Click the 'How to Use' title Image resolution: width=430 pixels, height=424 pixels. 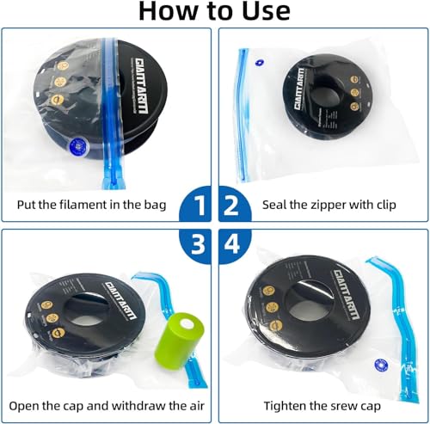coord(214,11)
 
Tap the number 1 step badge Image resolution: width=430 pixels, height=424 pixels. coord(196,204)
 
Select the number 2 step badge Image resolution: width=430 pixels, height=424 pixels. coord(235,204)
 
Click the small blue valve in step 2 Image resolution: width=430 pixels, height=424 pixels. coord(260,63)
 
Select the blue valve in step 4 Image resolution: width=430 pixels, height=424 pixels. coord(381,366)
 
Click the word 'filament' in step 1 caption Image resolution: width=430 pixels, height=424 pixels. coord(77,205)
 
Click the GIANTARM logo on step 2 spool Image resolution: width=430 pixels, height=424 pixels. coord(299,89)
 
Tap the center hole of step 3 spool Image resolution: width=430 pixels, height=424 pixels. coord(86,309)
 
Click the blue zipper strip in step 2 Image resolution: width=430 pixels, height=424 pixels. coord(243,114)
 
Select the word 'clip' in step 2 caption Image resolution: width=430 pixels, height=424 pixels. coord(385,206)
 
